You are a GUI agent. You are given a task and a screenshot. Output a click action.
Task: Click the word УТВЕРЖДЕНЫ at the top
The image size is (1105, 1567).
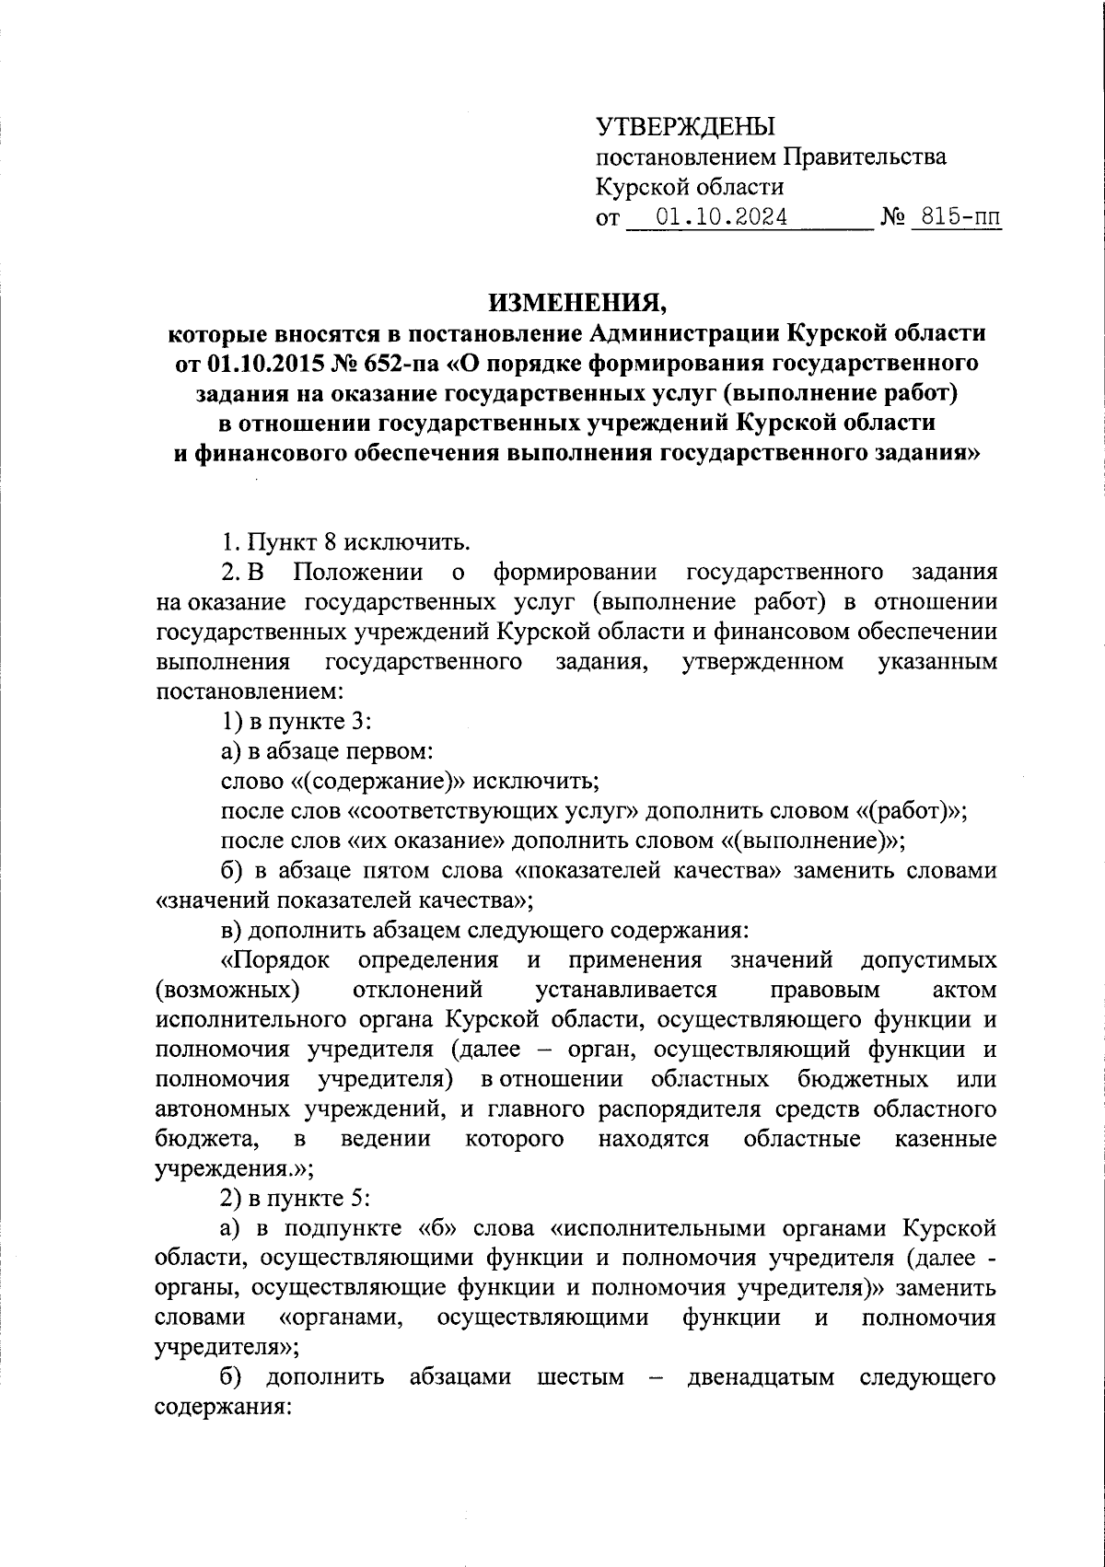point(685,126)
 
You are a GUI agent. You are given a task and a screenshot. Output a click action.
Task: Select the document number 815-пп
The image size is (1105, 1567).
point(955,217)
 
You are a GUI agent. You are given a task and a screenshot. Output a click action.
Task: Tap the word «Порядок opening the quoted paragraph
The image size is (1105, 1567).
point(275,960)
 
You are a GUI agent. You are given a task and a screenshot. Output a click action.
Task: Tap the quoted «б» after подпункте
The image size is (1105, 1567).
point(436,1228)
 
